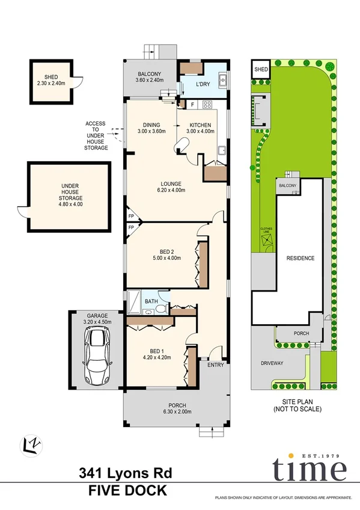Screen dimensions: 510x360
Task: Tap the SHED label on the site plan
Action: click(261, 70)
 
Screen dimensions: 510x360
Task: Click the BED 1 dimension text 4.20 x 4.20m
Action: click(156, 358)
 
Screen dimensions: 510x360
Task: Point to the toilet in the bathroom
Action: click(160, 309)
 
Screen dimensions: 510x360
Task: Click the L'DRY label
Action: click(203, 84)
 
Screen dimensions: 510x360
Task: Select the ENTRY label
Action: click(215, 365)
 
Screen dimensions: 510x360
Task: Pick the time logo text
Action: click(309, 470)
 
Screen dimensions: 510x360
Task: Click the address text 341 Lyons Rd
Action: click(126, 474)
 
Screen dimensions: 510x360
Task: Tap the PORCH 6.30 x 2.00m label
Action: click(177, 408)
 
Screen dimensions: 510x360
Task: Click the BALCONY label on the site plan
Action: click(287, 186)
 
